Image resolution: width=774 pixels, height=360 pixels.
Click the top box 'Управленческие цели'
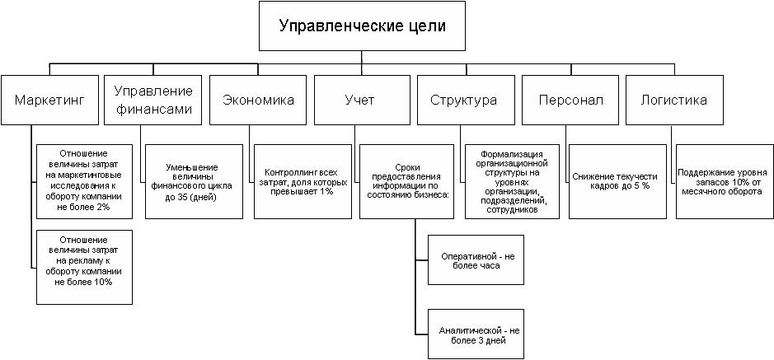coord(363,26)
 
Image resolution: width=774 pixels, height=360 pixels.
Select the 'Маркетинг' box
coord(49,101)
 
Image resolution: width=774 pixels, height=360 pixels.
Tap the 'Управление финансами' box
coord(153,101)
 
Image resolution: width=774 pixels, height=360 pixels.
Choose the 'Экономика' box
coord(258,101)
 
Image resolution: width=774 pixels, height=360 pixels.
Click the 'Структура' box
coord(465,101)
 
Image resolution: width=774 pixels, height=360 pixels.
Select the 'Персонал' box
coord(570,101)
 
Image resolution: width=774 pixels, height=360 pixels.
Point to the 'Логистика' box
coord(674,101)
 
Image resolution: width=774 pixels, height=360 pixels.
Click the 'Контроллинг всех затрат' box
coord(300,180)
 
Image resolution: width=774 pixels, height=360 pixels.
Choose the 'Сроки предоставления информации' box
coord(406,180)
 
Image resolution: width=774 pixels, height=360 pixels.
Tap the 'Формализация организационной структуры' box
coord(512,180)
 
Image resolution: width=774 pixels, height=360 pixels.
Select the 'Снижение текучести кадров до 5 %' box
coord(616,180)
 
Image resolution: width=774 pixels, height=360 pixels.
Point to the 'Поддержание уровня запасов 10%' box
coord(722,180)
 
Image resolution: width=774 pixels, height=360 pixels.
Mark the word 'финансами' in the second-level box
coord(153,109)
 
